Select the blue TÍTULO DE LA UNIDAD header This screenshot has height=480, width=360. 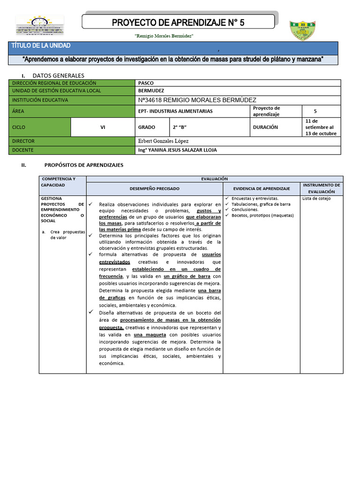point(41,45)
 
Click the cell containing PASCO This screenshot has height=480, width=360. point(146,82)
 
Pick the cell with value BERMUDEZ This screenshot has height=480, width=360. point(151,90)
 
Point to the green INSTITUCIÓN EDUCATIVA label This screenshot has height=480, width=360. point(40,100)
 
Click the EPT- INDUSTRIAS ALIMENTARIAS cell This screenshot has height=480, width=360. point(176,111)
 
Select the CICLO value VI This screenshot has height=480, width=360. point(103,127)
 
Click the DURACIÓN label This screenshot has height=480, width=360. point(265,127)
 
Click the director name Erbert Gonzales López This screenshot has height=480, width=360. point(164,141)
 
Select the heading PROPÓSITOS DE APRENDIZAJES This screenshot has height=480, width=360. point(83,165)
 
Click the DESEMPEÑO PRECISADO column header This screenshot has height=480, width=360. point(154,188)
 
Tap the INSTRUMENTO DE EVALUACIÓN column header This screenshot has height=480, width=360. point(321,188)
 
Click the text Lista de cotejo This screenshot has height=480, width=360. point(316,199)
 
